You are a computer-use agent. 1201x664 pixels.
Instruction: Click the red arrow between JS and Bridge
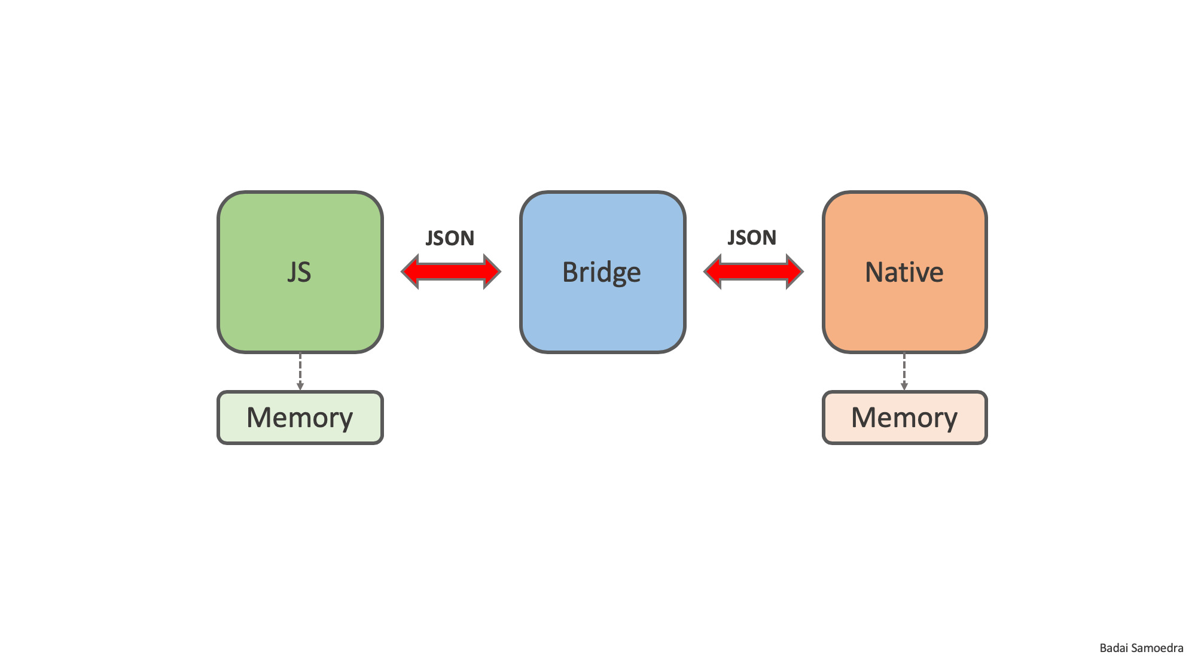(x=450, y=272)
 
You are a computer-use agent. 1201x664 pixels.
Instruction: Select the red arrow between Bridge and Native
(x=753, y=272)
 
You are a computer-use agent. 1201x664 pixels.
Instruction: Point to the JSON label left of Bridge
(x=450, y=238)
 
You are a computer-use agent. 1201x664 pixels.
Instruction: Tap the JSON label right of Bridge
(x=752, y=237)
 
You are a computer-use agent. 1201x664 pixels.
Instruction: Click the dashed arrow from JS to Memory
(x=300, y=371)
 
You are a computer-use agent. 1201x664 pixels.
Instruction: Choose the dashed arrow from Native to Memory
(x=904, y=371)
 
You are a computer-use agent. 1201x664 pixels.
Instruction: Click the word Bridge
(x=601, y=272)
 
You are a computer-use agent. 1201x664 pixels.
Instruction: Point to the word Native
(x=904, y=272)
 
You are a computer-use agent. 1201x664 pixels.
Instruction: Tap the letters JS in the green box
(x=299, y=272)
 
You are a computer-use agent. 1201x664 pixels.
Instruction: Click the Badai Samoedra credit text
(x=1141, y=648)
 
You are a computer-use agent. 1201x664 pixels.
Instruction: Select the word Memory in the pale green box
(x=300, y=418)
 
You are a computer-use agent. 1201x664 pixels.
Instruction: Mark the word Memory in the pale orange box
(x=904, y=418)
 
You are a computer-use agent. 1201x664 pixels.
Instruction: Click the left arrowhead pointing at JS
(x=410, y=272)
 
